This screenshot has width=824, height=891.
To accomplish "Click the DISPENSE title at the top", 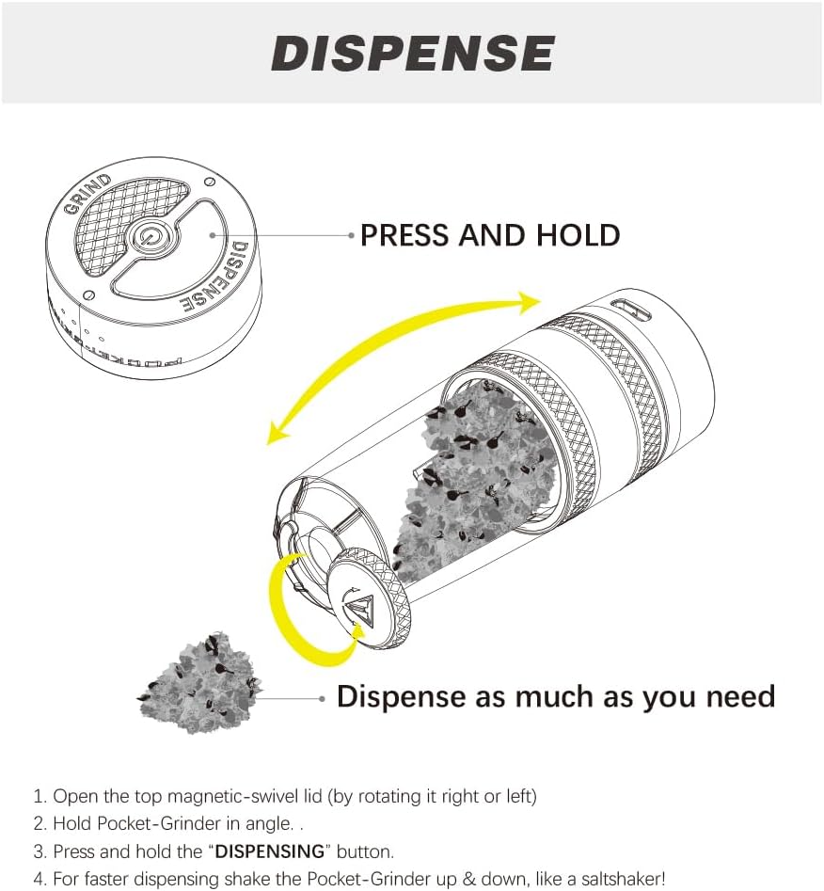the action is coord(413,53).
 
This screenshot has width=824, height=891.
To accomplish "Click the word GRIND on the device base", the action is coord(87,194).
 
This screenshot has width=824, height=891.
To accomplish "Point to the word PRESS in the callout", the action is coord(405,235).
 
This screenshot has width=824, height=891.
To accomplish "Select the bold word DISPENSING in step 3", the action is coord(270,851).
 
